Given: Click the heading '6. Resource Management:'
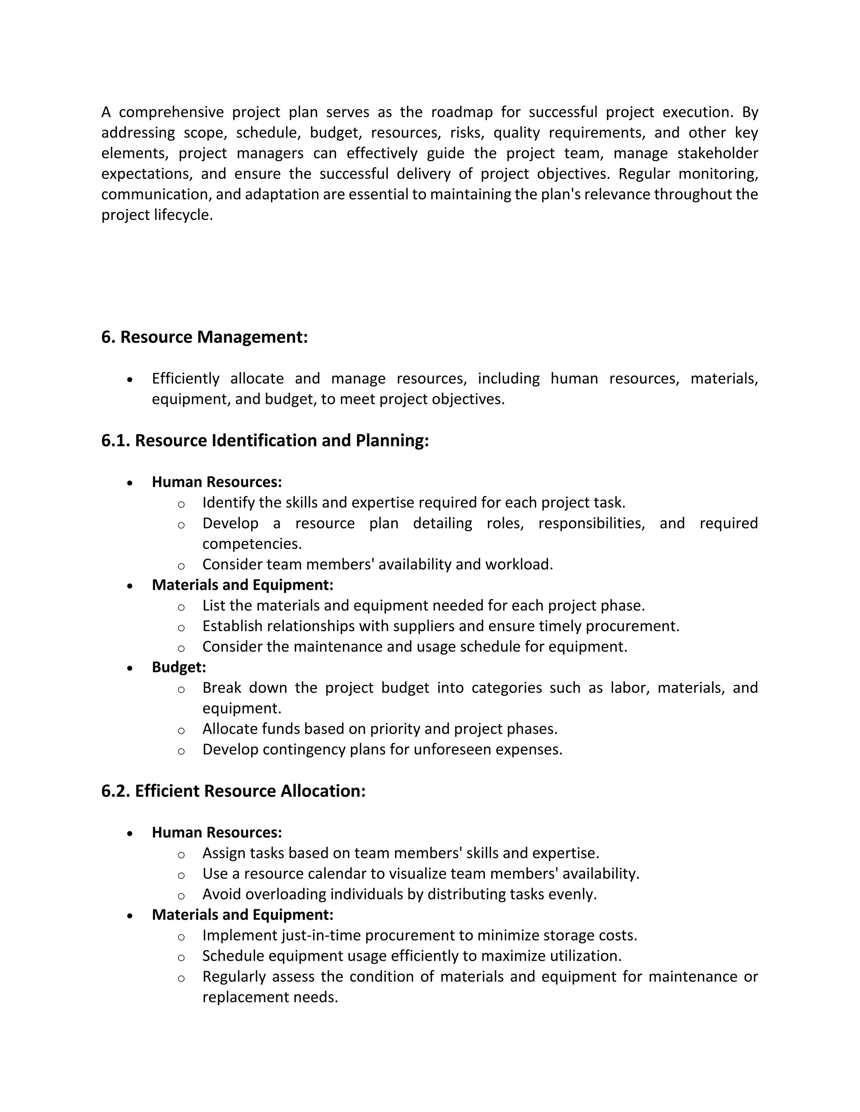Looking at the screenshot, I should pyautogui.click(x=205, y=337).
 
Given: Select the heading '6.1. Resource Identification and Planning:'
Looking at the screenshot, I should pyautogui.click(x=265, y=441).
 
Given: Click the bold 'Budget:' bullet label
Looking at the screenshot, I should pyautogui.click(x=179, y=668).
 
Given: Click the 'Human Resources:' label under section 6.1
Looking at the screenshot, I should pyautogui.click(x=217, y=482).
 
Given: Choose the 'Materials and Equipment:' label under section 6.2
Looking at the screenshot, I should pyautogui.click(x=243, y=915).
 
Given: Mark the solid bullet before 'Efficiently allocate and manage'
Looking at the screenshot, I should pyautogui.click(x=131, y=380).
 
